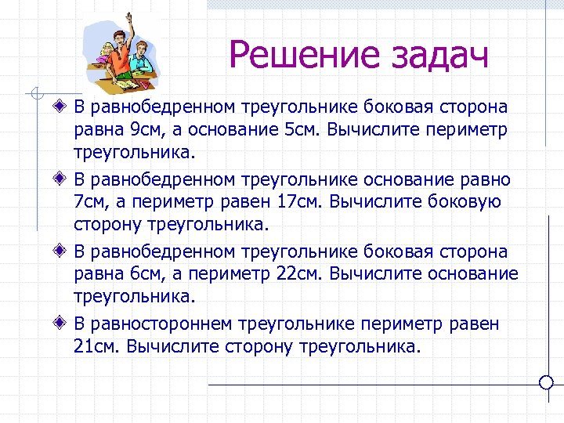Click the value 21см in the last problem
click(98, 346)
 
